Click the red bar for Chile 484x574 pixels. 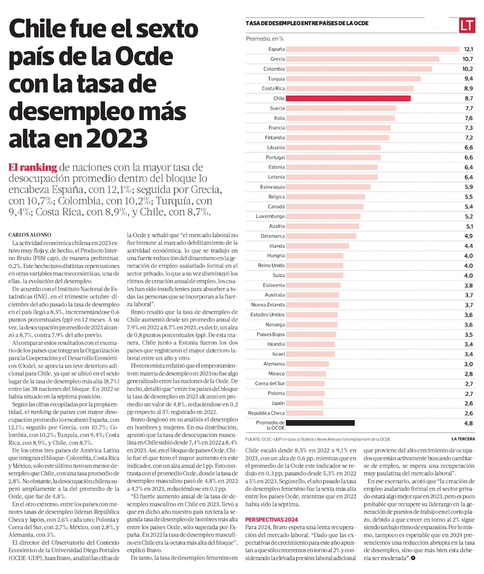coord(348,98)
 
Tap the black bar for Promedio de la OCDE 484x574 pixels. coord(320,423)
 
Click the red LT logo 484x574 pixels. coord(467,25)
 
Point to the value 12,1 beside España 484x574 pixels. coord(468,49)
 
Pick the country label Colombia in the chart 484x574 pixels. coord(274,69)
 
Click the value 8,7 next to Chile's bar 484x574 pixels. coord(469,98)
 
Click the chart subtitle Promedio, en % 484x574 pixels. coord(265,38)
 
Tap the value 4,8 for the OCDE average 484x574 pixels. coord(469,423)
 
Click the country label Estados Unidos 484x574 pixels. coord(268,315)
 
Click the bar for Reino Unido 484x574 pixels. coord(315,265)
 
